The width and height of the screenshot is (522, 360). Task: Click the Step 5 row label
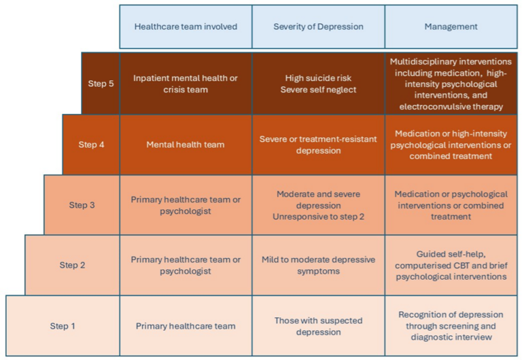[x=101, y=84]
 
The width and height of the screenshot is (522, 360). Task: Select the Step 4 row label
[x=91, y=145]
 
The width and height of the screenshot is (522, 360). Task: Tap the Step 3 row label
[x=82, y=205]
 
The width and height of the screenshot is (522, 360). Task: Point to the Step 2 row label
[x=72, y=265]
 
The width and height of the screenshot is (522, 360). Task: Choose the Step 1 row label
[x=63, y=326]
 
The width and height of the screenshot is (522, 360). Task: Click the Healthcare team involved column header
[x=186, y=26]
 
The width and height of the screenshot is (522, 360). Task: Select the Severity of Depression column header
[x=318, y=26]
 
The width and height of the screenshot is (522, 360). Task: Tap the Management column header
[x=451, y=26]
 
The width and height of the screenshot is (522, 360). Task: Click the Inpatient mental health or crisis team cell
[x=186, y=84]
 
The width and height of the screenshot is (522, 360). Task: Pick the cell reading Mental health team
[x=186, y=145]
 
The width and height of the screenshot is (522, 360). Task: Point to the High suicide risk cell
[x=318, y=84]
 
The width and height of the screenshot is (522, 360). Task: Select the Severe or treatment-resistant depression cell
[x=318, y=145]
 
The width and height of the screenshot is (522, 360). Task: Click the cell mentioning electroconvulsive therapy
[x=451, y=84]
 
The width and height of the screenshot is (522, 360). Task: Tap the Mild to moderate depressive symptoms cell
[x=318, y=265]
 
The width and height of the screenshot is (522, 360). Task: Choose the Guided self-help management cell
[x=451, y=265]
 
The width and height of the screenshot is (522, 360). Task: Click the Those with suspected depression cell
[x=318, y=326]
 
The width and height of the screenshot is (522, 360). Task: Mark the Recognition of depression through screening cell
[x=451, y=326]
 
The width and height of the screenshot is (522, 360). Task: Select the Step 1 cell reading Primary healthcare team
[x=186, y=326]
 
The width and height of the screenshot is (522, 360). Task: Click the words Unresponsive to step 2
[x=318, y=217]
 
